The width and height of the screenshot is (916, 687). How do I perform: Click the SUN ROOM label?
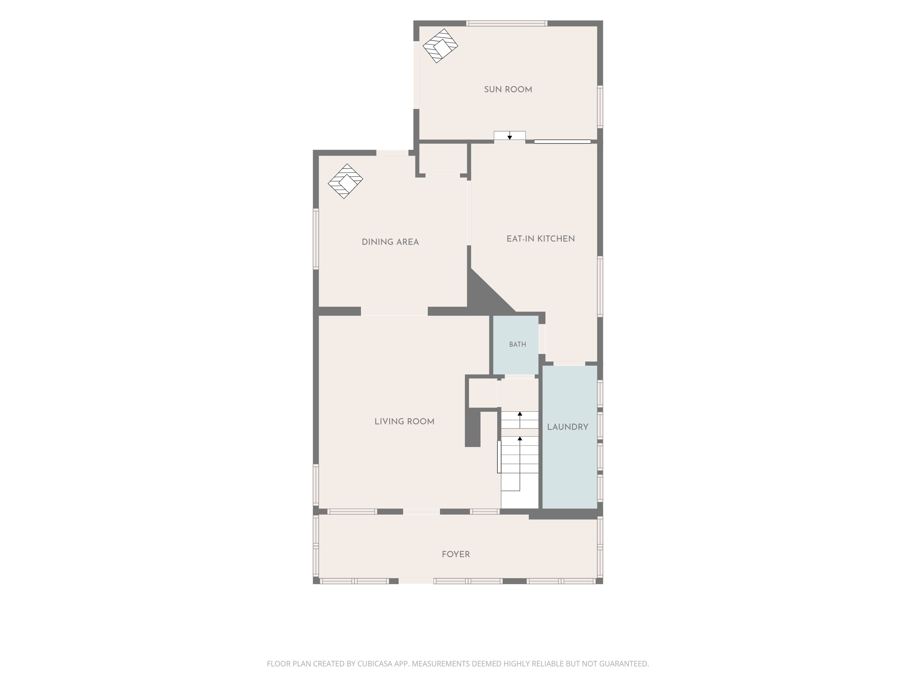[508, 89]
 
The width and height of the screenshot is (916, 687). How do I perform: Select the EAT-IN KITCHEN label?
[540, 239]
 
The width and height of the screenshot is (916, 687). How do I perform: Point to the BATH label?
[518, 344]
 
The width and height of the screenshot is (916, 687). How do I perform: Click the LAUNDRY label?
[568, 427]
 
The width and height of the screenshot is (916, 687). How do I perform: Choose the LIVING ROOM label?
[404, 422]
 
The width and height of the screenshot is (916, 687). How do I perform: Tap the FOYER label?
[456, 554]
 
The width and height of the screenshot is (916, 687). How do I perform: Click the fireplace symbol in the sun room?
[440, 46]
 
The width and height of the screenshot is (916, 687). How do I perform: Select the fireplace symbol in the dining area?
[345, 181]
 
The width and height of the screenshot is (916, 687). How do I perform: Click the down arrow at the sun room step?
[510, 136]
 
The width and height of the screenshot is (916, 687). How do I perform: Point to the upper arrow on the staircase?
[520, 420]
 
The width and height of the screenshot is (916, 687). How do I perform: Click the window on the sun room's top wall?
[507, 23]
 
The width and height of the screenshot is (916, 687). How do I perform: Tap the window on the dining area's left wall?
[316, 239]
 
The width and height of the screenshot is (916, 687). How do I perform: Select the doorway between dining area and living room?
[394, 311]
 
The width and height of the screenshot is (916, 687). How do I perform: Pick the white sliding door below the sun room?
[562, 142]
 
